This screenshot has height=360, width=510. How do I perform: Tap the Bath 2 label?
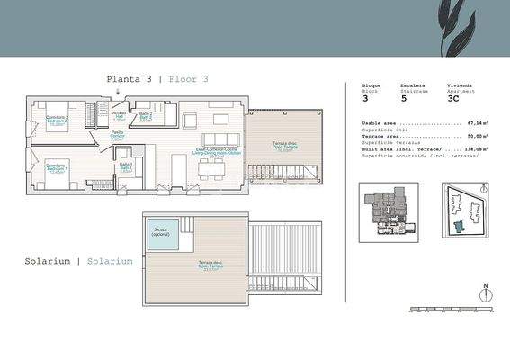coord(146,116)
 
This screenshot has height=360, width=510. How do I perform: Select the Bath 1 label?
coord(126,167)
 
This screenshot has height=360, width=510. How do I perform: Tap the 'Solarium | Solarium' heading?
coord(79,261)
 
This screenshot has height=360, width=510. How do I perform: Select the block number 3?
coord(364,98)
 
